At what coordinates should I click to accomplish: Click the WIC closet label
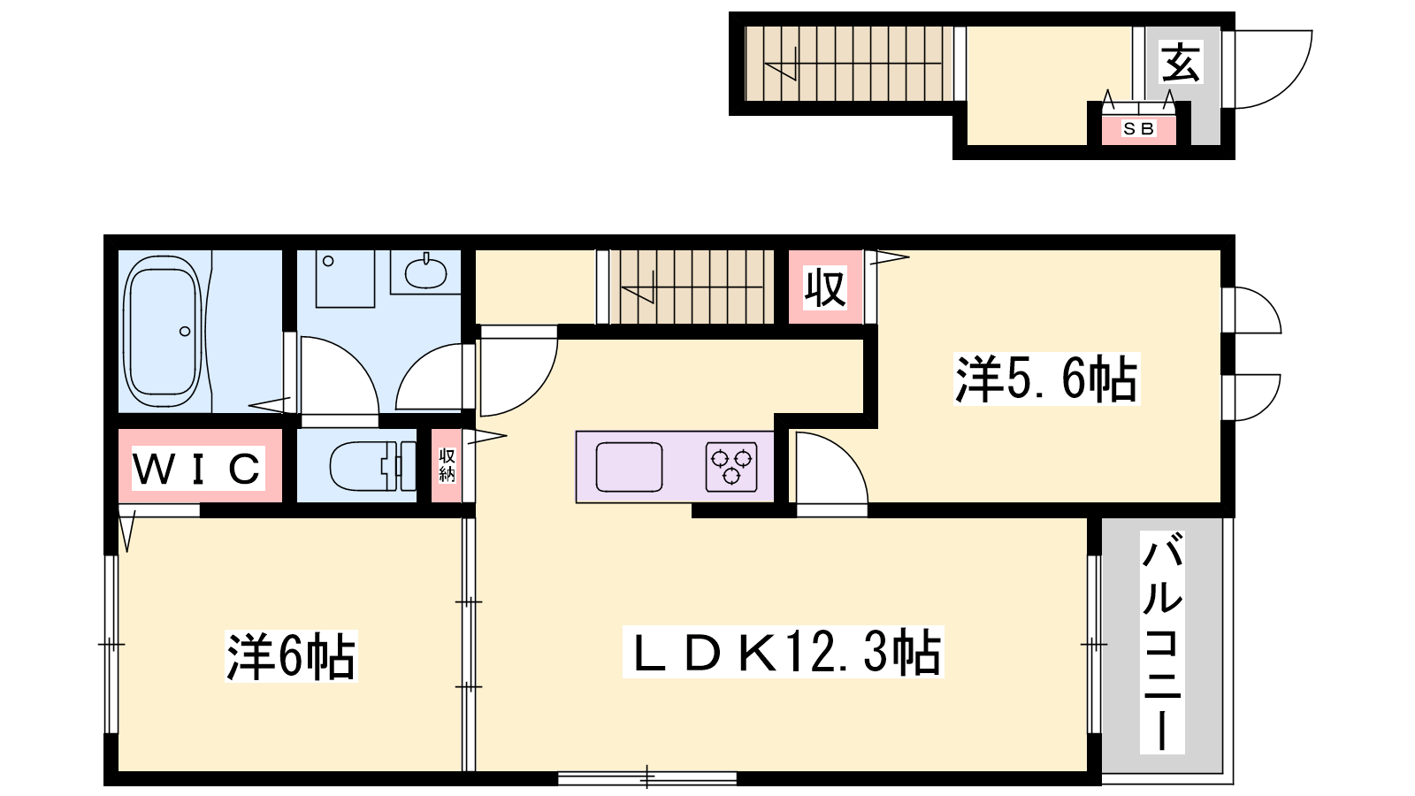click(198, 468)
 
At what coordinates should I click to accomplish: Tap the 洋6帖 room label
click(291, 655)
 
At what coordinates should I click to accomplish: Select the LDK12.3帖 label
click(784, 652)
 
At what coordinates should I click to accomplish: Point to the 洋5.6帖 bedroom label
click(1046, 379)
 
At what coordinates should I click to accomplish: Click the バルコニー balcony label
click(1162, 642)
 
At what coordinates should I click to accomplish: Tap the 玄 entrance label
click(1181, 62)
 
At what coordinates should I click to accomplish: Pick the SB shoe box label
click(1139, 129)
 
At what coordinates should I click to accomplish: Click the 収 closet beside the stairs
click(825, 287)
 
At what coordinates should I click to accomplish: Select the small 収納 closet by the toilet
click(447, 465)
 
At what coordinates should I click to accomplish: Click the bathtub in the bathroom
click(163, 331)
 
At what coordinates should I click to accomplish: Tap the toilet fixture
click(372, 466)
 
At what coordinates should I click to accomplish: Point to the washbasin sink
click(425, 273)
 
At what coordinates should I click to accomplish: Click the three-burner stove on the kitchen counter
click(731, 466)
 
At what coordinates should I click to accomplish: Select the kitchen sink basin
click(629, 467)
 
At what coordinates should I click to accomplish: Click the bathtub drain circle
click(185, 331)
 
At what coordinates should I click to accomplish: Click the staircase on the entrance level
click(848, 63)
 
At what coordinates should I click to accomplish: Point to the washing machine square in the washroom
click(345, 279)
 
